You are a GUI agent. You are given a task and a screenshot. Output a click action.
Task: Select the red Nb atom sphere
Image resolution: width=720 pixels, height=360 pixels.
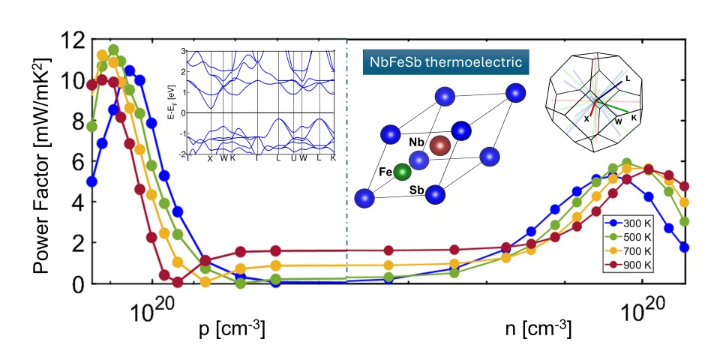point(440,146)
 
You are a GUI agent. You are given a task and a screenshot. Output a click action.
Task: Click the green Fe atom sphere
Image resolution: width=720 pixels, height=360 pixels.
point(403,172)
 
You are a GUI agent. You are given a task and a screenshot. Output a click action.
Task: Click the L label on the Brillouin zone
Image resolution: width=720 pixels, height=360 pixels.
point(627,78)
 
